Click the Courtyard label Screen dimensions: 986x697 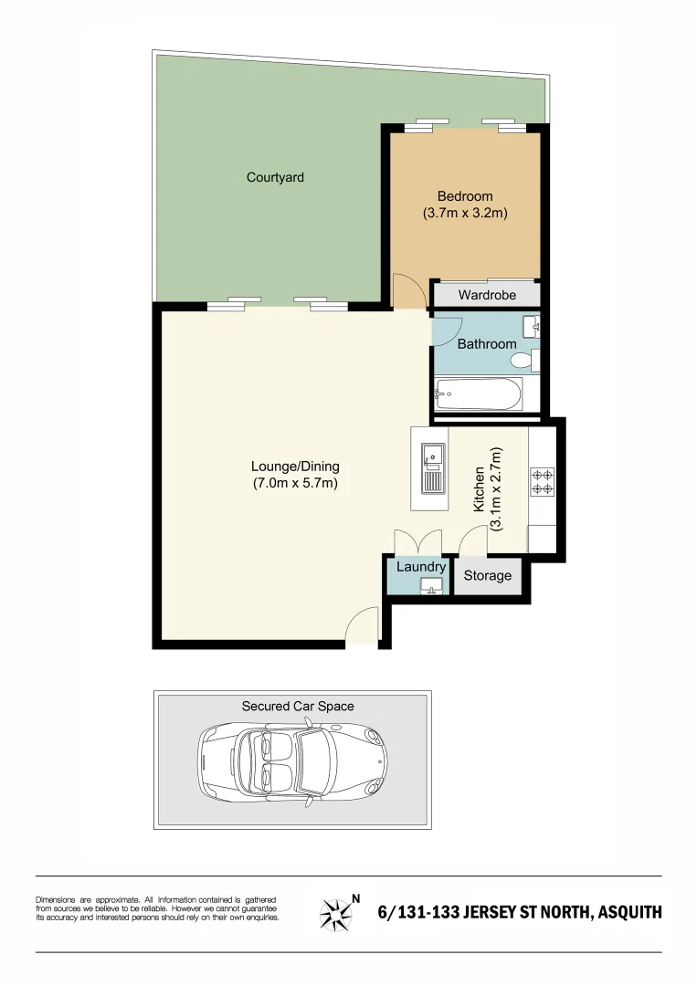[275, 177]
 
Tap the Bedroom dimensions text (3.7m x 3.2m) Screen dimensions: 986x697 [464, 214]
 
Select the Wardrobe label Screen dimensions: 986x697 [487, 295]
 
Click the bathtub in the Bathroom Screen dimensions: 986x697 [477, 394]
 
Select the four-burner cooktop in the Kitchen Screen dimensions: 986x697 [542, 482]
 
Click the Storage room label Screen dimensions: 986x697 [487, 576]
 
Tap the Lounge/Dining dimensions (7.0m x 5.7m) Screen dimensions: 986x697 [295, 484]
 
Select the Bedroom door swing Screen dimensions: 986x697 [408, 291]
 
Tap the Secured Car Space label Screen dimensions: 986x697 [298, 706]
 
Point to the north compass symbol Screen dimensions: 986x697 [338, 912]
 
